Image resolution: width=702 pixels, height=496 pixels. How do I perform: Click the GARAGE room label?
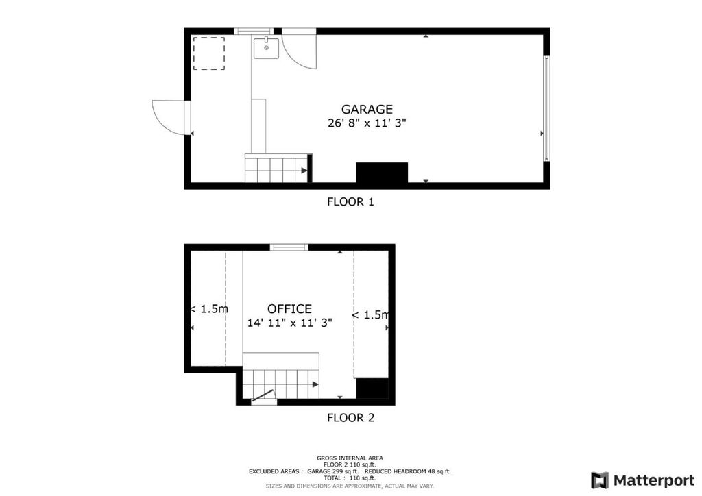point(367,109)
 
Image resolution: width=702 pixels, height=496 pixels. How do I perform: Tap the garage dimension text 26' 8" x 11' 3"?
point(367,123)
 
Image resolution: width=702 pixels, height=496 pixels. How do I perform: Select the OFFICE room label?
point(290,309)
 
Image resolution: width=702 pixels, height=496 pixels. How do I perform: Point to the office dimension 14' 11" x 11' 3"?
point(290,323)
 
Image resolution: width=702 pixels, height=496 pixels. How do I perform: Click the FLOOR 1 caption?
point(350,201)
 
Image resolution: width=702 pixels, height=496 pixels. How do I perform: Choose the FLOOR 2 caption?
point(350,418)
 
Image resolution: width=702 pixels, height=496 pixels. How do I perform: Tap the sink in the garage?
point(267,48)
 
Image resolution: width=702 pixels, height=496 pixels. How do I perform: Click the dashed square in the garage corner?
point(209,53)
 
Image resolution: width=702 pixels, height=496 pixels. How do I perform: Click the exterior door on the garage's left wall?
point(170,117)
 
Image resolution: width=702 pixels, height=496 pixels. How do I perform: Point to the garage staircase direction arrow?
point(304,171)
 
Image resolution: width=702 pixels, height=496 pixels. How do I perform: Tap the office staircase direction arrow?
point(315,384)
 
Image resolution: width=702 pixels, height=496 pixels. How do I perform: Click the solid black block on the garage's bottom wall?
point(382,173)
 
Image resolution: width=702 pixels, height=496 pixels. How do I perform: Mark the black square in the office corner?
point(372,388)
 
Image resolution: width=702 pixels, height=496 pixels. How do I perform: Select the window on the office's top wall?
point(289,247)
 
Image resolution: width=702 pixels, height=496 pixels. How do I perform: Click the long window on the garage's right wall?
point(546,108)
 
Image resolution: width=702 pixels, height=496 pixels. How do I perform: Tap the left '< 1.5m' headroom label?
point(209,309)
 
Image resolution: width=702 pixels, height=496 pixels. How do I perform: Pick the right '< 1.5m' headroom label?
point(370,315)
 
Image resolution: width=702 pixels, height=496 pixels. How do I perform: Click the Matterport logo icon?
point(599,480)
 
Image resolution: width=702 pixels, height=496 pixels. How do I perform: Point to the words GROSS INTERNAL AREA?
point(350,458)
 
